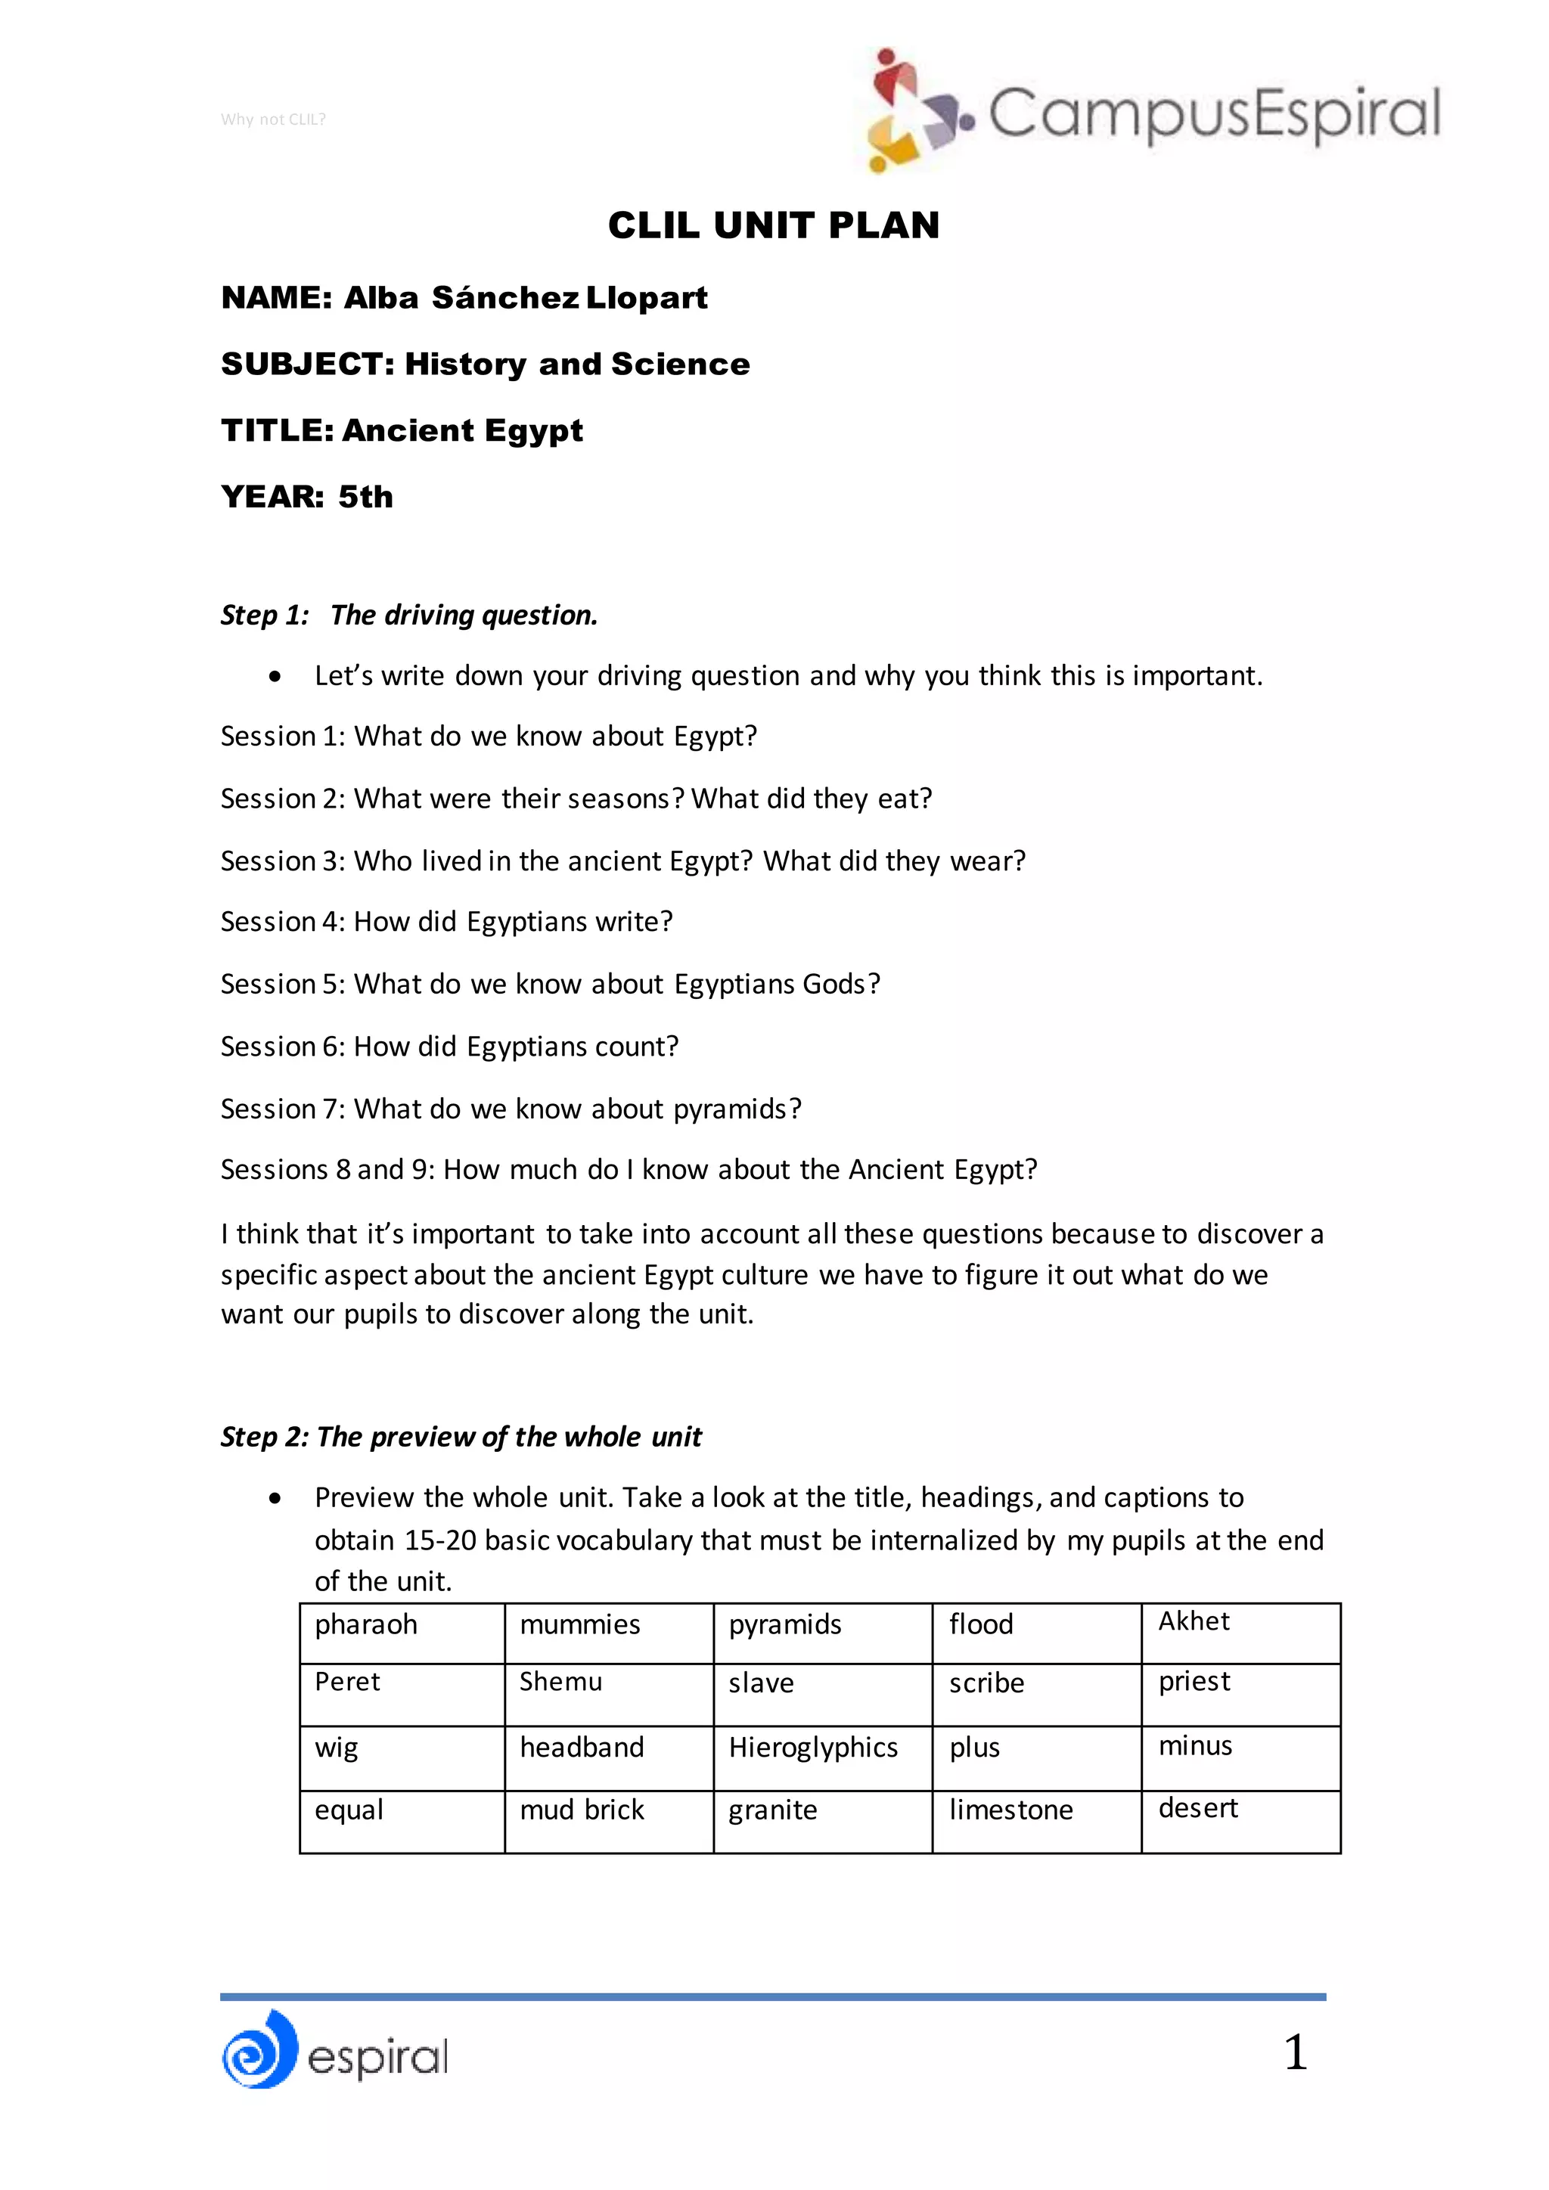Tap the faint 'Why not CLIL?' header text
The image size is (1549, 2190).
[273, 119]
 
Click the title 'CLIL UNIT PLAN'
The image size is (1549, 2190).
[774, 225]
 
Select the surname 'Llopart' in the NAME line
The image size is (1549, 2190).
[646, 298]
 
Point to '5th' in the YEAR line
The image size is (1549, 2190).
[365, 496]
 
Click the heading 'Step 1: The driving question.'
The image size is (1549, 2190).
[409, 616]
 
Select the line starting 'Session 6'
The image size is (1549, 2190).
[449, 1047]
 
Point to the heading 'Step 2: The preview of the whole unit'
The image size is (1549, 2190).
[461, 1437]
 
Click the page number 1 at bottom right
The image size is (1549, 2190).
[1294, 2052]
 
